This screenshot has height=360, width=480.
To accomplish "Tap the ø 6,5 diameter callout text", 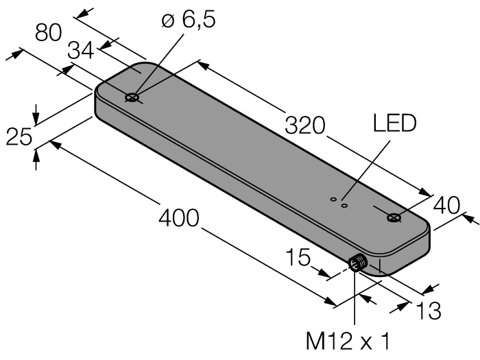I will tap(183, 20).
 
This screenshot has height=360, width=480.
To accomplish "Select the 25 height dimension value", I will tap(19, 136).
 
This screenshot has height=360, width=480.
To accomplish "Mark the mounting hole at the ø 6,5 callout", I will tap(132, 98).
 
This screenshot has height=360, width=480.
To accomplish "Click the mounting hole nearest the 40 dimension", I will tap(394, 218).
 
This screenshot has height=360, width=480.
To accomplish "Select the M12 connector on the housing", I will tap(356, 264).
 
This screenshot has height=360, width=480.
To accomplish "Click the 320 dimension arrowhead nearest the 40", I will tap(427, 193).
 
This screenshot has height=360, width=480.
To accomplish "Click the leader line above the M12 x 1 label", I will tap(355, 302).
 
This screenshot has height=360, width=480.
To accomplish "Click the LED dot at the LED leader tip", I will tap(346, 204).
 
